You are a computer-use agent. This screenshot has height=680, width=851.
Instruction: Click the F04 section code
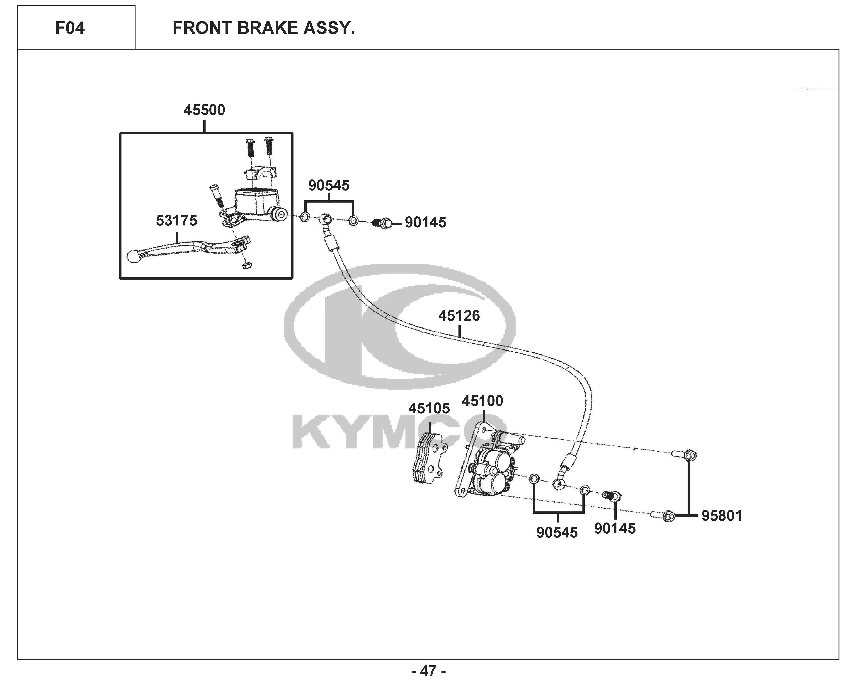click(x=70, y=28)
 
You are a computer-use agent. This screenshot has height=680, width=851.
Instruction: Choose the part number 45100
click(x=482, y=401)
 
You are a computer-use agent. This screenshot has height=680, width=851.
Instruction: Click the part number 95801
click(x=722, y=516)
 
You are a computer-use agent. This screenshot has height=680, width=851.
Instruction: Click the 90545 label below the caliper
click(x=557, y=532)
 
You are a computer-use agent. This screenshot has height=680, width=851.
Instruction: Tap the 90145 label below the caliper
click(x=615, y=528)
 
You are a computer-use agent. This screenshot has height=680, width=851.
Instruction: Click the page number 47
click(x=428, y=670)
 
